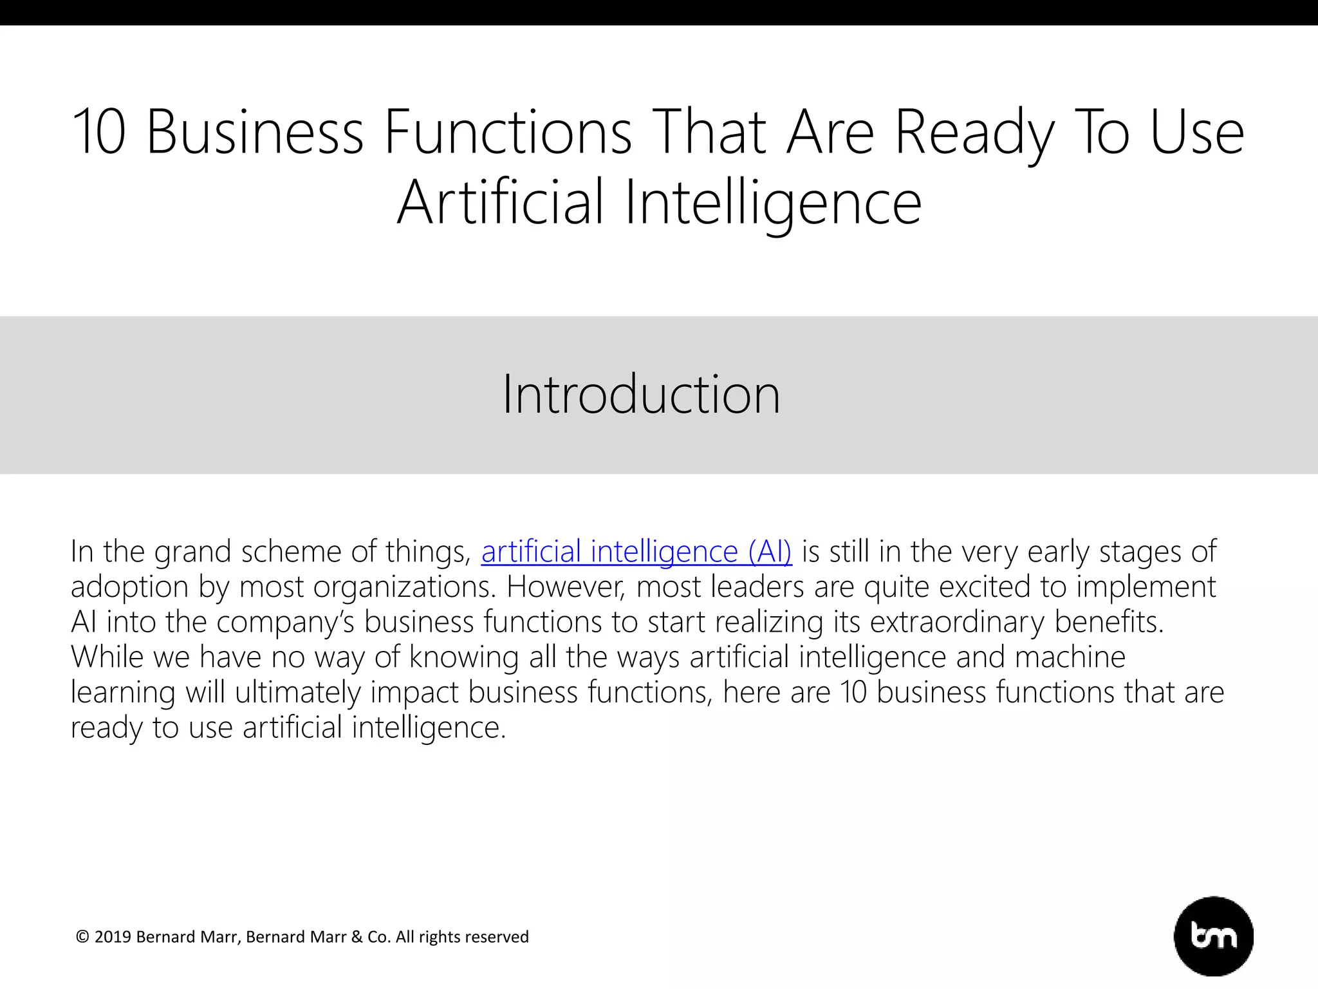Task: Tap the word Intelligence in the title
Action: [773, 203]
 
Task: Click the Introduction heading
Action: [641, 394]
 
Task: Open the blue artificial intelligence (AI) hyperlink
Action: [636, 552]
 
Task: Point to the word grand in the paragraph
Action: [192, 552]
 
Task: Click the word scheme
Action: [291, 552]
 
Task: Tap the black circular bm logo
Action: [1214, 936]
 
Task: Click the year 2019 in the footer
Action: [113, 937]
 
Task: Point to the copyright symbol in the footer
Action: [82, 937]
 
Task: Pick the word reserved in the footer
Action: [499, 937]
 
